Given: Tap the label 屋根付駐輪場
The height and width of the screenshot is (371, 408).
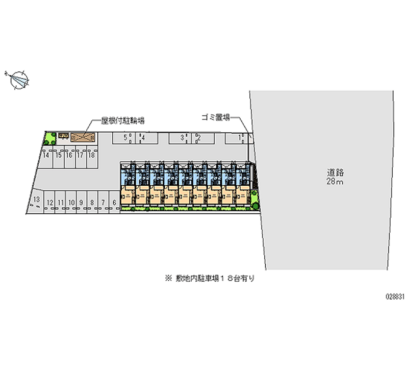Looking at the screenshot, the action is tap(123, 121).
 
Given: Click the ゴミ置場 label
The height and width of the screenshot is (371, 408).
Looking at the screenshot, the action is tap(214, 117).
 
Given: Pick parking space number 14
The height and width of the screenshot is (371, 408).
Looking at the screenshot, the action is tap(46, 156).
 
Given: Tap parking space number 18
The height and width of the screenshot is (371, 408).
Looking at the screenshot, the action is tap(92, 156).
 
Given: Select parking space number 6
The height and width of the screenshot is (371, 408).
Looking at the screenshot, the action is tap(114, 203).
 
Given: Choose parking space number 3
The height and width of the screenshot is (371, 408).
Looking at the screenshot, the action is tap(182, 138).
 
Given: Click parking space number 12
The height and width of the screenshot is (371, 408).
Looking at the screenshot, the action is tap(49, 203).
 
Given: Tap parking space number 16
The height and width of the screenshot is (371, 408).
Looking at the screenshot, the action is tap(69, 156).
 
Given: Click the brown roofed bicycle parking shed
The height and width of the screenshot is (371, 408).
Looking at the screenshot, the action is tap(83, 137).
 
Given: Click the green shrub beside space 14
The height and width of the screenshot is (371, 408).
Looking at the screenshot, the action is tap(50, 138).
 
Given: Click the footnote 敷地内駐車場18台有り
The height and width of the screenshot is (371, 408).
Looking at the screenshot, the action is tap(209, 279).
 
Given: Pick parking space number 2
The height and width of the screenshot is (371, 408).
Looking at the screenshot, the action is tap(198, 138).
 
